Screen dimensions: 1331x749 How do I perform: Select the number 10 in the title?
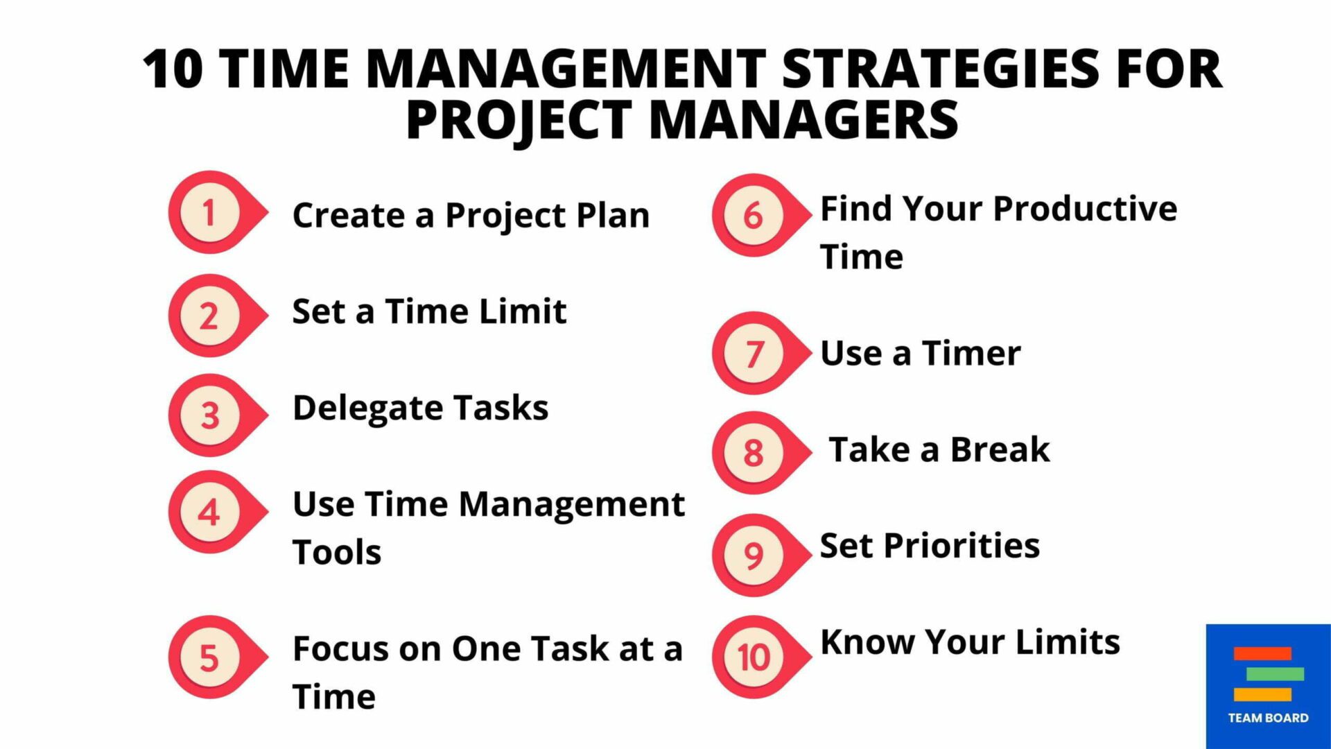pyautogui.click(x=173, y=69)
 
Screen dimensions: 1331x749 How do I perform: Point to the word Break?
pyautogui.click(x=1000, y=449)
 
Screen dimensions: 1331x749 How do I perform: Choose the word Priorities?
pyautogui.click(x=962, y=546)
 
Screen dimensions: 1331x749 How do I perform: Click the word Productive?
pyautogui.click(x=1085, y=209)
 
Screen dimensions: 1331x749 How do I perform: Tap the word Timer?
pyautogui.click(x=971, y=354)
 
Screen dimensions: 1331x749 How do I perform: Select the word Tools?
pyautogui.click(x=337, y=553)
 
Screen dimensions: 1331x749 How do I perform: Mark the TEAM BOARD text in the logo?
pyautogui.click(x=1268, y=718)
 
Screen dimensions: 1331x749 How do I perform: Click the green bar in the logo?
pyautogui.click(x=1275, y=673)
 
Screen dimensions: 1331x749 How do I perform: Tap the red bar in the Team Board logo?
pyautogui.click(x=1262, y=653)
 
